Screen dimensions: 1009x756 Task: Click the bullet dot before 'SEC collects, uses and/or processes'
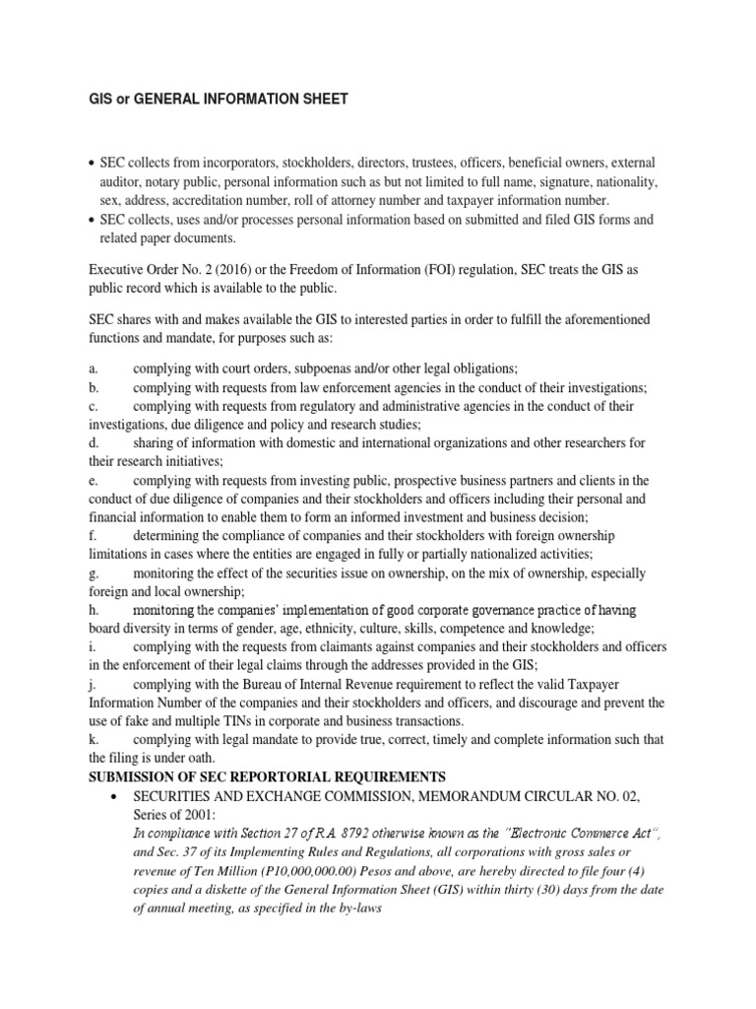pyautogui.click(x=92, y=220)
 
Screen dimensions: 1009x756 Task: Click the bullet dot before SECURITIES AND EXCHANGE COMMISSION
pyautogui.click(x=117, y=795)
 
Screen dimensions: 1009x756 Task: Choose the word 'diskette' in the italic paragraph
pyautogui.click(x=215, y=890)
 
